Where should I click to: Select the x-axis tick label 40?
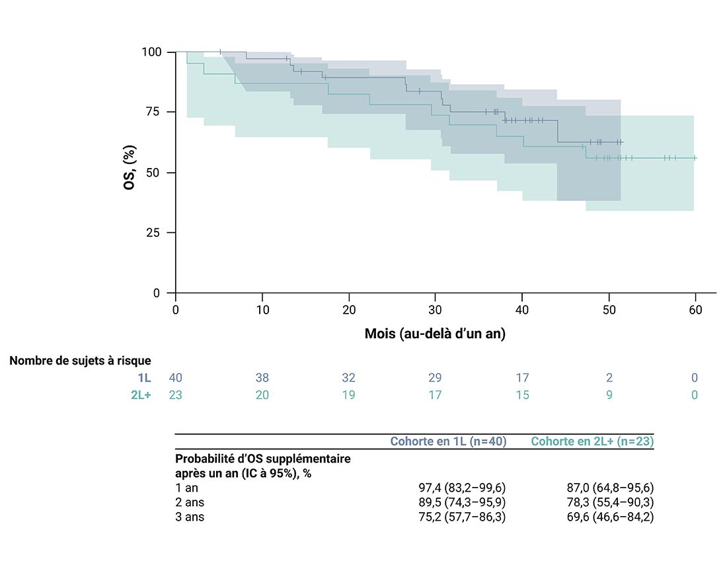click(x=522, y=310)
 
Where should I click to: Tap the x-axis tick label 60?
click(x=695, y=310)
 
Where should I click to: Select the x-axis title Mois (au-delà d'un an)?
click(x=435, y=334)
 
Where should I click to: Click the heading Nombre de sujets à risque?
click(x=80, y=361)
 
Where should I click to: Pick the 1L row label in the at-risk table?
click(x=145, y=378)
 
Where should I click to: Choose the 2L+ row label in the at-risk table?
click(x=140, y=395)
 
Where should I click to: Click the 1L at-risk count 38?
click(x=262, y=378)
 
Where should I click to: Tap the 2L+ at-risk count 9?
click(x=609, y=395)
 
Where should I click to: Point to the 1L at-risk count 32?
click(x=349, y=378)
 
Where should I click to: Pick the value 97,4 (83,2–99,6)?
click(x=461, y=488)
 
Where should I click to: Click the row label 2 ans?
click(x=190, y=502)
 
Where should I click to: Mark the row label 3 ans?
click(x=190, y=517)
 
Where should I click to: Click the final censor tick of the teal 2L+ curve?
click(x=695, y=157)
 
